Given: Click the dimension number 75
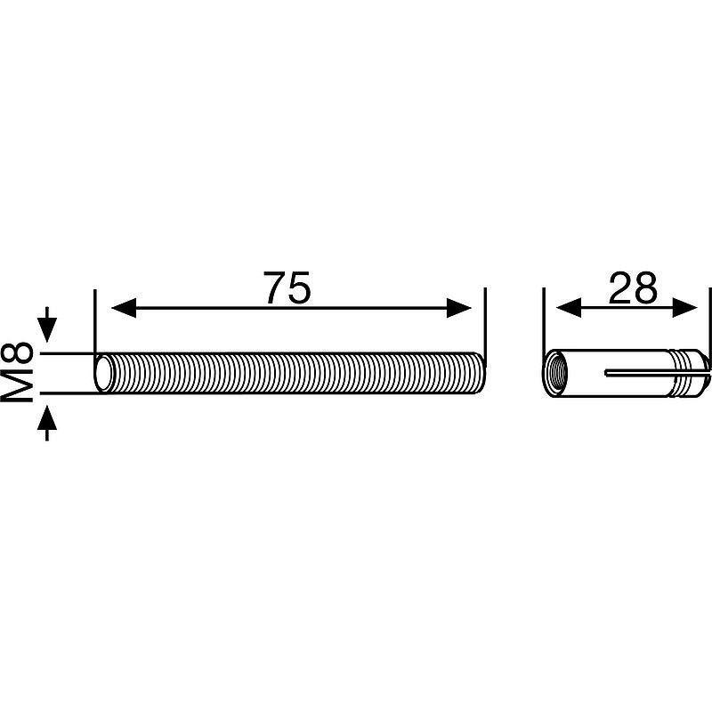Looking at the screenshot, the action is [287, 287].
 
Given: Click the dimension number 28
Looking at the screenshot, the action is [633, 287].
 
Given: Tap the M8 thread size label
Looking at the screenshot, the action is [17, 372].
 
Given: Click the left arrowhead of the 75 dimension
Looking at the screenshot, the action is [124, 308].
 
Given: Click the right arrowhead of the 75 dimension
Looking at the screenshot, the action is [459, 308].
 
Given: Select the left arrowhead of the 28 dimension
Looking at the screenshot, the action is [569, 308].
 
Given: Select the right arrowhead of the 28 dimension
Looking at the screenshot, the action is [684, 308].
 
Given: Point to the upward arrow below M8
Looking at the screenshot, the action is [47, 423].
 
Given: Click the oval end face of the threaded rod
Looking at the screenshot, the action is [103, 373].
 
